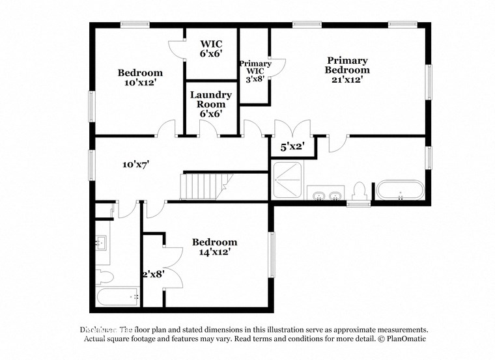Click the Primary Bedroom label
pos(348,65)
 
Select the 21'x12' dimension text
pos(347,79)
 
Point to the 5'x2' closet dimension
pos(292,147)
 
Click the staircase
pos(206,186)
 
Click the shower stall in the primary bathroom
pos(287,180)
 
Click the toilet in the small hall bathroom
pos(104,277)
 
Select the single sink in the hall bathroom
pos(103,244)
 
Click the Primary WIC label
pos(255,68)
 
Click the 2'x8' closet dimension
pos(153,274)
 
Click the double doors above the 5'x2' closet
pos(292,128)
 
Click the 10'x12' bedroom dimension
pos(139,83)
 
